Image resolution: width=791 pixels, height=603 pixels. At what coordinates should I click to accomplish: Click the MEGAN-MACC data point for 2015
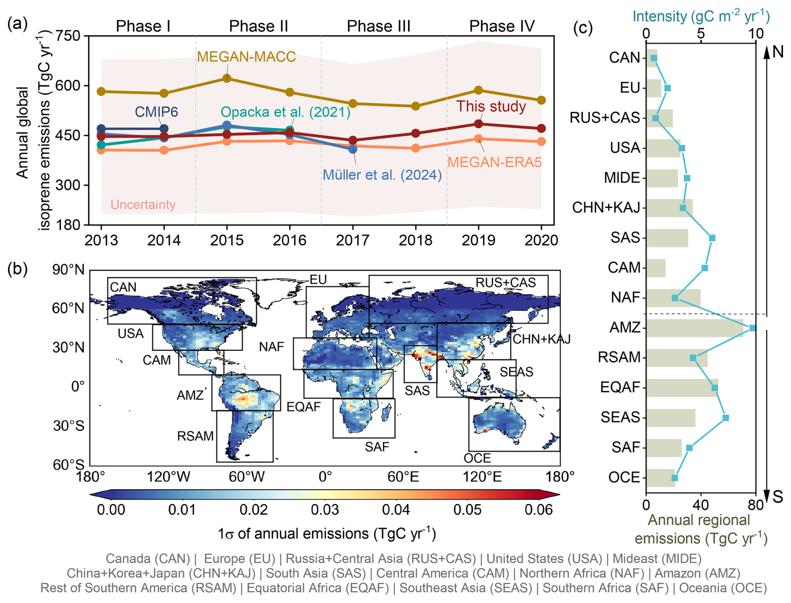tap(227, 78)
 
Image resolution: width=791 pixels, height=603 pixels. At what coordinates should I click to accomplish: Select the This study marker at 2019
tap(479, 124)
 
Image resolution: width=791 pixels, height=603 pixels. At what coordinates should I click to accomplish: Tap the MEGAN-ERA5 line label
tap(494, 162)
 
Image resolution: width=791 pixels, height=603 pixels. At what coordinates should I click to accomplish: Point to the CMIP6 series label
tap(156, 112)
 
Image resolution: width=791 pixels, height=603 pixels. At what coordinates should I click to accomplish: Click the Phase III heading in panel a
tap(378, 26)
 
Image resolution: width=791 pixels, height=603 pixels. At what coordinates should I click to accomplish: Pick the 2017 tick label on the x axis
tap(352, 240)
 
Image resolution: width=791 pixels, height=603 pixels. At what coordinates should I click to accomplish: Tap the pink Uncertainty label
tap(143, 204)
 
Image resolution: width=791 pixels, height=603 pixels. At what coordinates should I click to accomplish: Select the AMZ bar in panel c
tap(694, 328)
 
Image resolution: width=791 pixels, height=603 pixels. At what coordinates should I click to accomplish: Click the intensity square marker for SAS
tap(712, 238)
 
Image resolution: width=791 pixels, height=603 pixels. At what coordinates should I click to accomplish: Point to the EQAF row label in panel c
tap(620, 387)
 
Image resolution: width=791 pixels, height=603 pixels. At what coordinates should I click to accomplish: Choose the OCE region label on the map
tap(477, 458)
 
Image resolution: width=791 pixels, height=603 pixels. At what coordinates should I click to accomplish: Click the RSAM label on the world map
tap(195, 436)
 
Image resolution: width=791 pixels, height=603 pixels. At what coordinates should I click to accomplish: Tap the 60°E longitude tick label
tap(403, 477)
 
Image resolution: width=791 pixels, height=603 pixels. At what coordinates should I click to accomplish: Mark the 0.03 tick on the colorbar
tap(325, 510)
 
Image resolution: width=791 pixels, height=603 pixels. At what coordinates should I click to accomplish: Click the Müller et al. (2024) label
tap(382, 175)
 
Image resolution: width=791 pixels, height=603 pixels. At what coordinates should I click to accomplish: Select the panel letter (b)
tap(17, 269)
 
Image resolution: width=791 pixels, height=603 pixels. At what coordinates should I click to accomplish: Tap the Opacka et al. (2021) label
tap(285, 112)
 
